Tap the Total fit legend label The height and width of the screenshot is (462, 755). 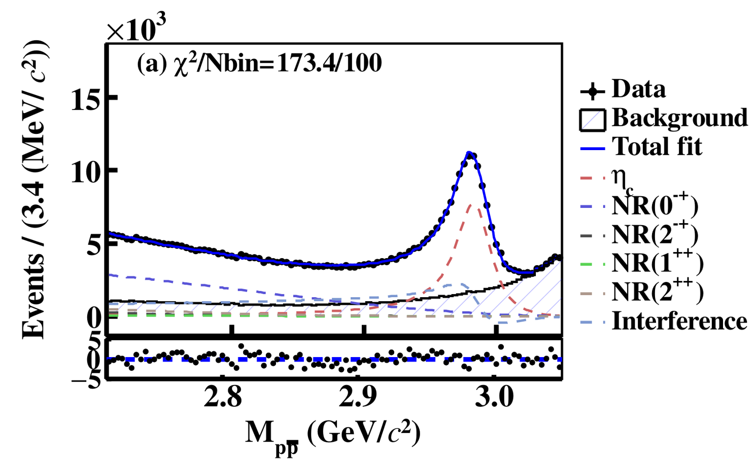[x=657, y=147]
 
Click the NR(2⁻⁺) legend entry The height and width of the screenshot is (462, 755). [x=655, y=234]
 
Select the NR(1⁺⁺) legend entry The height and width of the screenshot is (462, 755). [x=658, y=263]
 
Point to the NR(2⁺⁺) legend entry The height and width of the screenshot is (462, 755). [x=658, y=292]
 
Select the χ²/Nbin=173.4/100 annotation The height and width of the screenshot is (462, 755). [x=259, y=64]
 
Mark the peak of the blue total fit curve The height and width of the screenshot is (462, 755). [x=469, y=152]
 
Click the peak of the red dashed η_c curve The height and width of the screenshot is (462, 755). [x=471, y=204]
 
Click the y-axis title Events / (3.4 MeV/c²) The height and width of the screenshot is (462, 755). [x=36, y=189]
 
